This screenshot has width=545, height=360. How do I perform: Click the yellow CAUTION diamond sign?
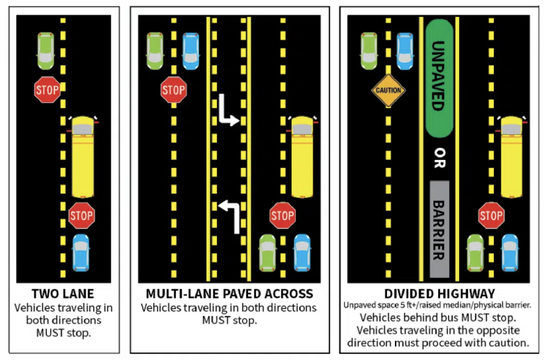point(388,90)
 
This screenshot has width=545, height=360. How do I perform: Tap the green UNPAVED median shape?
point(439,78)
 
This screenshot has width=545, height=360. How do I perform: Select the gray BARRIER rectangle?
point(439,229)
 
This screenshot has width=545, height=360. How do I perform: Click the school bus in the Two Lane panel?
point(82,157)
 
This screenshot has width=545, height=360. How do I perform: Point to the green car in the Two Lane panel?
point(46,51)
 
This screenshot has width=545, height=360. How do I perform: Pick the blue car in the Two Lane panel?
point(81,253)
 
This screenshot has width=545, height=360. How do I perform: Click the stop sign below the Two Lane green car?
point(47,90)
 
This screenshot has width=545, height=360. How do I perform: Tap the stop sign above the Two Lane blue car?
point(81,215)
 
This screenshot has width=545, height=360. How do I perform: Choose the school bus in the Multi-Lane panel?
point(302,157)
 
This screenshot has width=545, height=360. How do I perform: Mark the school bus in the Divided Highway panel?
point(511,157)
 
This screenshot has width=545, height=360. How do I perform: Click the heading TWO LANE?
point(63,294)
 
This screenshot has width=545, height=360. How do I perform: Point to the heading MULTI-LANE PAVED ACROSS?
point(229,294)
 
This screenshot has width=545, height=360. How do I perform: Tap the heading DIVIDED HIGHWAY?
point(439,294)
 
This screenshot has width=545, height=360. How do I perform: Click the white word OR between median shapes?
point(440,158)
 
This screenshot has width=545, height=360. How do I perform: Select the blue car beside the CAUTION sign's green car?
point(405,51)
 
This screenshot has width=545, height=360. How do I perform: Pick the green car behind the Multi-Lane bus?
point(268,253)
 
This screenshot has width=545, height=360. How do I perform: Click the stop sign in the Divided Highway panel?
point(491,215)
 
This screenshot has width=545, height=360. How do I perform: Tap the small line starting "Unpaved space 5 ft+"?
point(437,305)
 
